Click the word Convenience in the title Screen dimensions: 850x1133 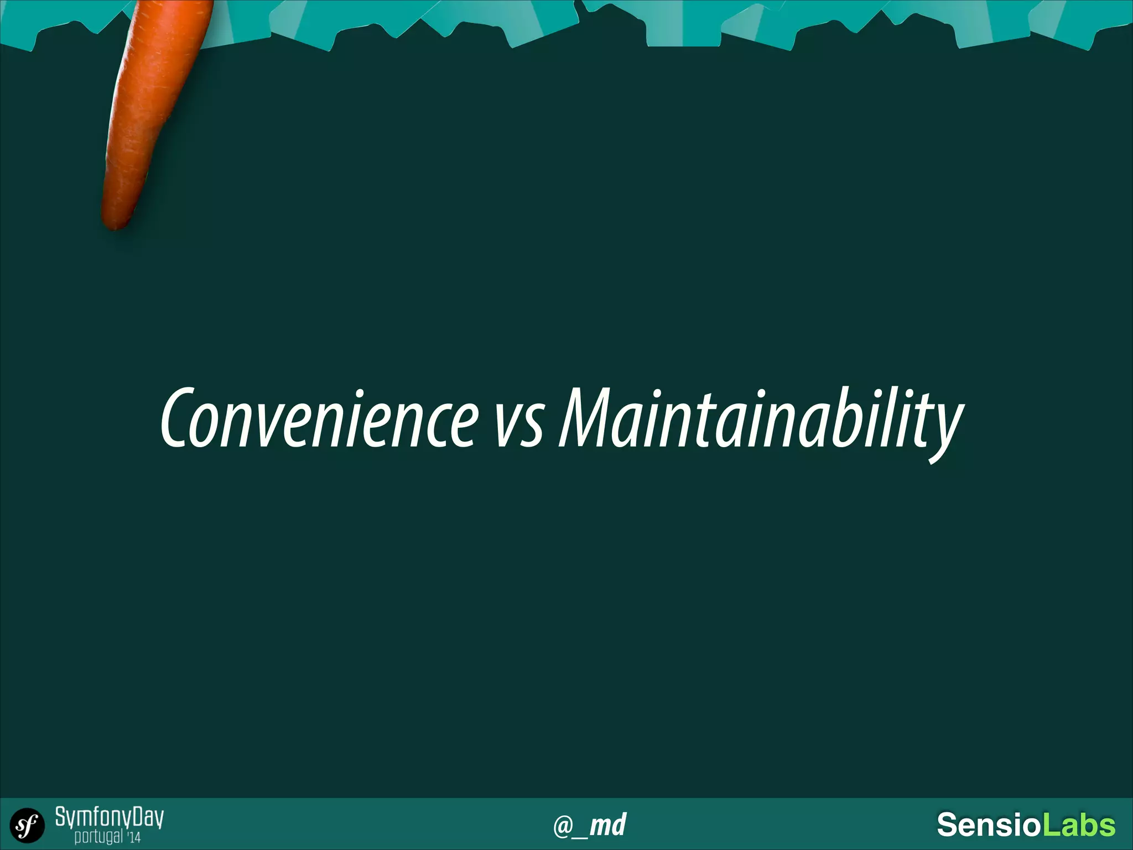tap(319, 418)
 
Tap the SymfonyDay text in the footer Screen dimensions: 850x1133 tap(109, 817)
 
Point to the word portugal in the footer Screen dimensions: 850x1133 tap(98, 837)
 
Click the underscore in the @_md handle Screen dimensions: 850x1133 tap(580, 836)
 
